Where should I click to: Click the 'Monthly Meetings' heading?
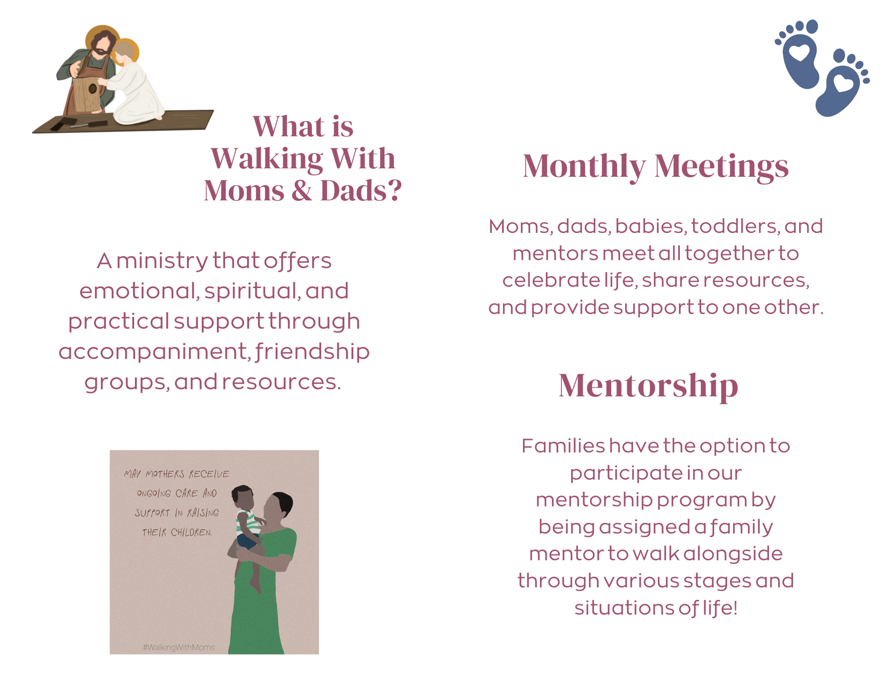[x=655, y=167]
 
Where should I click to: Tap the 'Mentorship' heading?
[x=648, y=386]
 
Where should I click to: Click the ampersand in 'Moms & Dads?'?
[x=302, y=191]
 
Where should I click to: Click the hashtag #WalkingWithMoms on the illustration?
[x=179, y=647]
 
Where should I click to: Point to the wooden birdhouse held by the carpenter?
[x=87, y=94]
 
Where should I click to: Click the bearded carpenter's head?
[x=103, y=43]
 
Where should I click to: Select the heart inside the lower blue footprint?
[x=843, y=84]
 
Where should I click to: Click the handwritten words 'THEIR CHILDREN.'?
[x=177, y=532]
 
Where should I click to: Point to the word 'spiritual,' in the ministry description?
[x=252, y=291]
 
